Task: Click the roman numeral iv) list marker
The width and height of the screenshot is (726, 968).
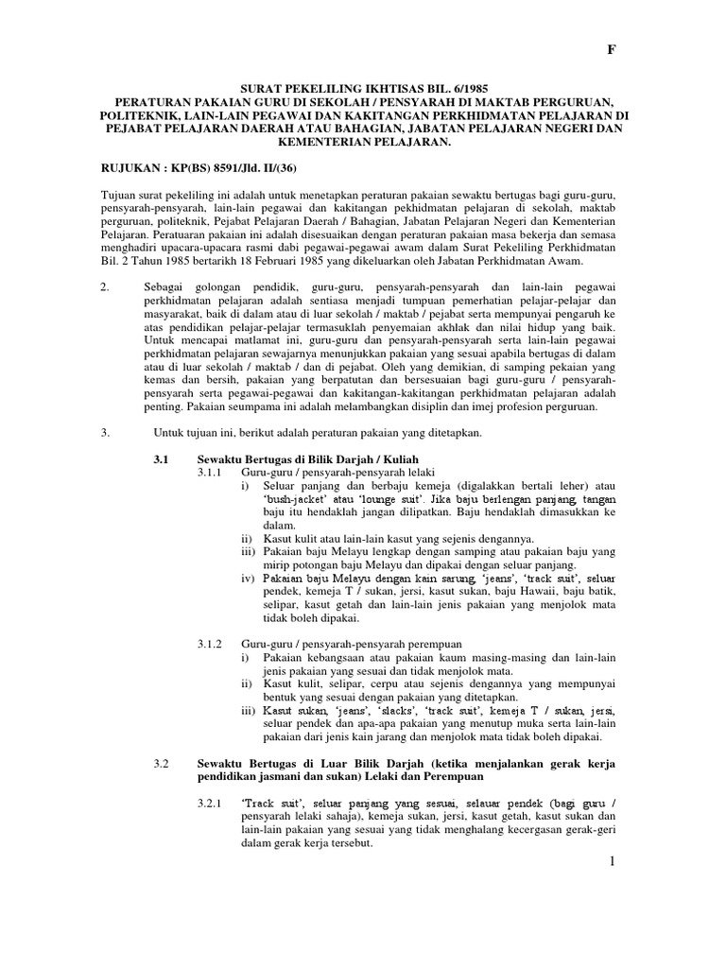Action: click(248, 577)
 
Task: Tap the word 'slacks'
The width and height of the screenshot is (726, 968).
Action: click(372, 710)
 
